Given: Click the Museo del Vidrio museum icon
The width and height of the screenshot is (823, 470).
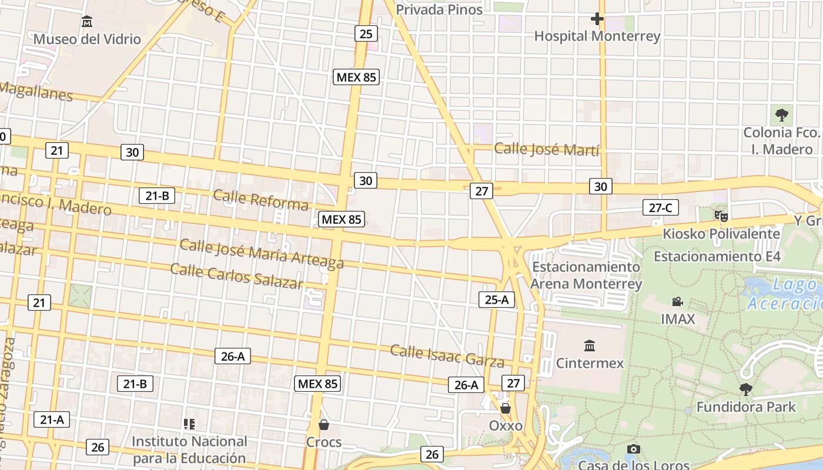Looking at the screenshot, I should (x=87, y=22).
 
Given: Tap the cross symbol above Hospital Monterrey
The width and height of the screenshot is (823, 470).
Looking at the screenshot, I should (x=597, y=19).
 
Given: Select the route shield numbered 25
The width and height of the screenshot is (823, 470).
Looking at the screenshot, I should (x=366, y=33).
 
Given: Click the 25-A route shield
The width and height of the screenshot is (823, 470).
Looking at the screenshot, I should (x=497, y=300).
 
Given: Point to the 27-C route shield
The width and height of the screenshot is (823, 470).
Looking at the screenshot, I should (x=660, y=207).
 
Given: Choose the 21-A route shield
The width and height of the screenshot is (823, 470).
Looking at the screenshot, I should (x=52, y=419).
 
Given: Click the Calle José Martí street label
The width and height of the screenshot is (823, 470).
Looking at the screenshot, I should (x=547, y=149).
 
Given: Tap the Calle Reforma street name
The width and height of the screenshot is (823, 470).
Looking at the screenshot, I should (x=261, y=200).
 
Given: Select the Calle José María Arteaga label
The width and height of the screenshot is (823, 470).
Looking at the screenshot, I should (x=262, y=253).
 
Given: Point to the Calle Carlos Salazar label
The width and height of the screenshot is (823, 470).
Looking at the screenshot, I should (x=237, y=276).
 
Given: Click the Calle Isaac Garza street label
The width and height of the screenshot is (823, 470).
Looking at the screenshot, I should (x=447, y=355).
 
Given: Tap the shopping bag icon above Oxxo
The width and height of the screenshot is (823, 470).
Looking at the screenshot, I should (x=506, y=408).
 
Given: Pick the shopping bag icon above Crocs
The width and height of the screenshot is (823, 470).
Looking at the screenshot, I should (x=323, y=424).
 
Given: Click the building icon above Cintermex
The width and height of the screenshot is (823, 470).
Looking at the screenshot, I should (x=590, y=345).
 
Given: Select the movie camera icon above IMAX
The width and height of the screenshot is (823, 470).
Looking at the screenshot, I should (x=677, y=302).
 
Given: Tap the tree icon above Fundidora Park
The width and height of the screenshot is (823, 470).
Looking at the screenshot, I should (x=746, y=389).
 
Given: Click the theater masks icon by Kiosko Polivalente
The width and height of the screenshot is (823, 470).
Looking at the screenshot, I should (x=721, y=216).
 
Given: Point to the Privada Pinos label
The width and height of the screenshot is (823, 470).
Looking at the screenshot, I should (x=439, y=9).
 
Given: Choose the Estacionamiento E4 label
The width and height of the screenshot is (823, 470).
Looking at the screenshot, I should (x=717, y=256).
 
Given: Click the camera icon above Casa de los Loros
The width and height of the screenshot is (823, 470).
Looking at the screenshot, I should (x=633, y=449).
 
